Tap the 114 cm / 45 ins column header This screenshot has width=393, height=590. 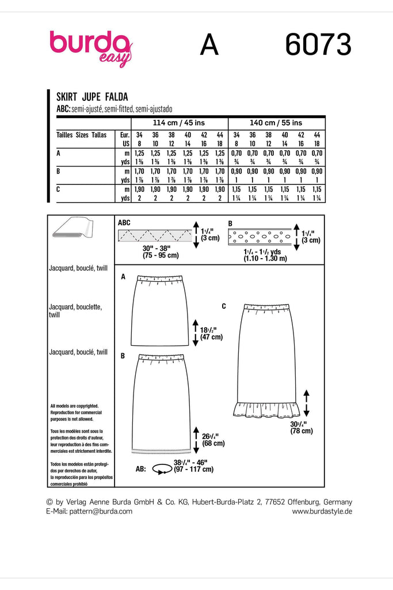[179, 123]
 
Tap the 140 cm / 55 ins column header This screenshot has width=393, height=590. [276, 123]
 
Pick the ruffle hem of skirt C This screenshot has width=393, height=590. [265, 409]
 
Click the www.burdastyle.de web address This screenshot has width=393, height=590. [322, 511]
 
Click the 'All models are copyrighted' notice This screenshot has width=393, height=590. [75, 406]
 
